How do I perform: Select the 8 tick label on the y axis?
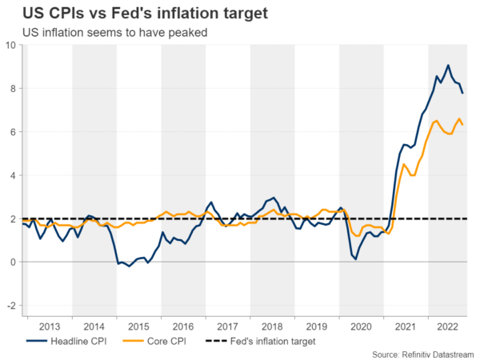click(11, 88)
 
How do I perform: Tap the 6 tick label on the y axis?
click(11, 132)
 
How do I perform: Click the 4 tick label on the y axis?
click(11, 175)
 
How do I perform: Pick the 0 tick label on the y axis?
click(11, 262)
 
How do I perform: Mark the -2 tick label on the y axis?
click(10, 306)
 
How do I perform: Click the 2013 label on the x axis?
click(50, 326)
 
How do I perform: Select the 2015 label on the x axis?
click(138, 326)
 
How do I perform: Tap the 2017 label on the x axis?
click(227, 326)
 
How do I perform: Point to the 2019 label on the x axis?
click(316, 326)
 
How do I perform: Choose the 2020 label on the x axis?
click(361, 326)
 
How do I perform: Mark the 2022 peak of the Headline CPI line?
click(448, 66)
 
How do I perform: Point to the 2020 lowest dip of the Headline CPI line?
click(355, 259)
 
